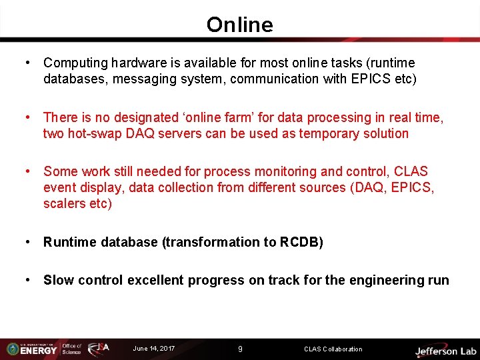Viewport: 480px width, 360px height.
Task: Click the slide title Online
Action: (239, 25)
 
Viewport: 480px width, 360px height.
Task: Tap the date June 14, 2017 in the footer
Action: (154, 349)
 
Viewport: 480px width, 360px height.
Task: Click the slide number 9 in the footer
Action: (240, 349)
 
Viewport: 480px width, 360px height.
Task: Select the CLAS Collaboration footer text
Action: (333, 349)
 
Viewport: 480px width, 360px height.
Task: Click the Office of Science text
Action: (71, 349)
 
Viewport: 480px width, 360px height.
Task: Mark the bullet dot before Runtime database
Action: (27, 242)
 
